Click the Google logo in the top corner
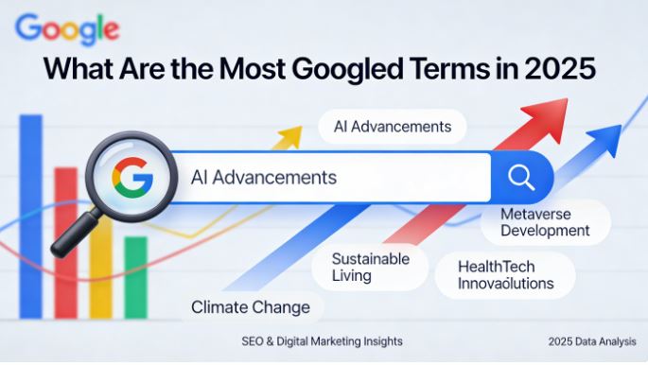tap(67, 28)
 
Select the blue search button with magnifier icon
tap(521, 177)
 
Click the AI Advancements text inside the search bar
tap(264, 177)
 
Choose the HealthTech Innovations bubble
tap(505, 274)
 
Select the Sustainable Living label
tap(370, 267)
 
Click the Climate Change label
tap(250, 307)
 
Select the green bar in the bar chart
tap(136, 274)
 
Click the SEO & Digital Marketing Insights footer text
tap(322, 340)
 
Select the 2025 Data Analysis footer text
tap(590, 340)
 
